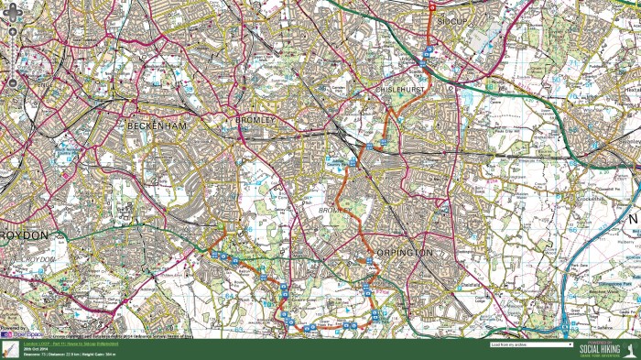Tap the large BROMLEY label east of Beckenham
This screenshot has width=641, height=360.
[x=255, y=120]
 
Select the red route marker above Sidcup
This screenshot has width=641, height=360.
[x=433, y=6]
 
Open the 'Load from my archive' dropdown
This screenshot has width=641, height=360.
[x=531, y=345]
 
